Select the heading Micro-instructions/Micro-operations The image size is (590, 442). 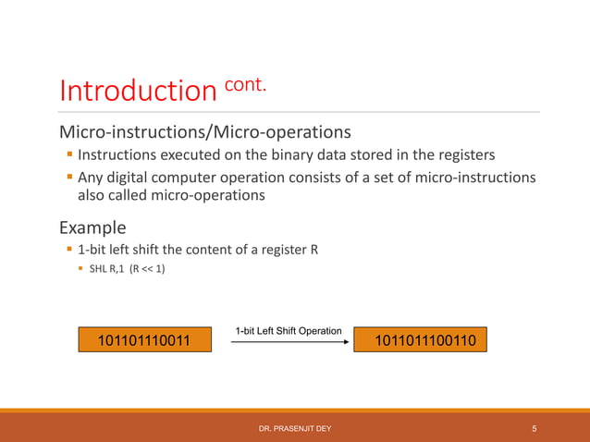point(203,129)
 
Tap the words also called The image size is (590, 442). point(117,196)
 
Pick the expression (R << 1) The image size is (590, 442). point(148,270)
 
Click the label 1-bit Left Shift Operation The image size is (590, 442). point(289,330)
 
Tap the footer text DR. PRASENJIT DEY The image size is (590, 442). point(295,428)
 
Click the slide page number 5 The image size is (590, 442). point(535,428)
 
